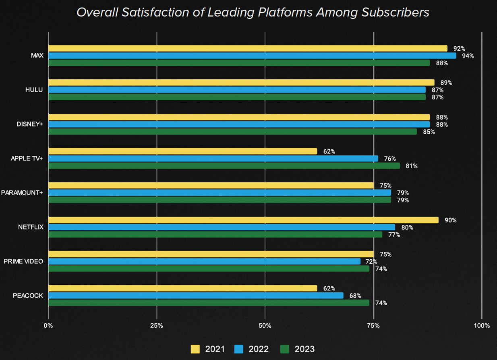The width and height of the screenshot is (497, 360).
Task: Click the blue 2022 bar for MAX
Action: pyautogui.click(x=252, y=56)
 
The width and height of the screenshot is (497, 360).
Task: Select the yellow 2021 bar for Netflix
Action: pyautogui.click(x=243, y=220)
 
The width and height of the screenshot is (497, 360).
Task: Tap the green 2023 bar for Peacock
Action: pyautogui.click(x=209, y=302)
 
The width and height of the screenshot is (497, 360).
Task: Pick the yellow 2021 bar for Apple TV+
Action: pyautogui.click(x=182, y=151)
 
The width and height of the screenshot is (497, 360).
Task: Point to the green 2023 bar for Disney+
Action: pyautogui.click(x=232, y=132)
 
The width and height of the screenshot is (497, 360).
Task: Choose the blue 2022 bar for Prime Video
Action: pyautogui.click(x=204, y=261)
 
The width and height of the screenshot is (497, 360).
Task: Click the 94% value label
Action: pyautogui.click(x=468, y=56)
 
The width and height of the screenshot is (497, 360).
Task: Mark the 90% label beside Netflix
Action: pyautogui.click(x=450, y=220)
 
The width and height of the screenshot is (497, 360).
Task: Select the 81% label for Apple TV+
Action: pyautogui.click(x=412, y=166)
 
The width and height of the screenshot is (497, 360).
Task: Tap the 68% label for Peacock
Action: pyautogui.click(x=355, y=296)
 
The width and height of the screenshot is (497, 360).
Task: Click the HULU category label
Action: pyautogui.click(x=34, y=90)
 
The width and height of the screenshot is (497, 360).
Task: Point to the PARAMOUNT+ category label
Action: pyautogui.click(x=22, y=192)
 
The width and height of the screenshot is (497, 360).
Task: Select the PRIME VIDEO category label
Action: pyautogui.click(x=23, y=261)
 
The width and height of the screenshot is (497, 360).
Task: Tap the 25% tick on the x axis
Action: pyautogui.click(x=157, y=325)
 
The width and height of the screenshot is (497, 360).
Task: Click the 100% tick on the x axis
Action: pyautogui.click(x=482, y=325)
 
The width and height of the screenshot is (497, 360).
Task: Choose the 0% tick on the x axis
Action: pyautogui.click(x=48, y=325)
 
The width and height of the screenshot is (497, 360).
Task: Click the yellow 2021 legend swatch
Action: pyautogui.click(x=195, y=349)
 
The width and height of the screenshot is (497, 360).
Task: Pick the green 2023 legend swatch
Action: pyautogui.click(x=285, y=349)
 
